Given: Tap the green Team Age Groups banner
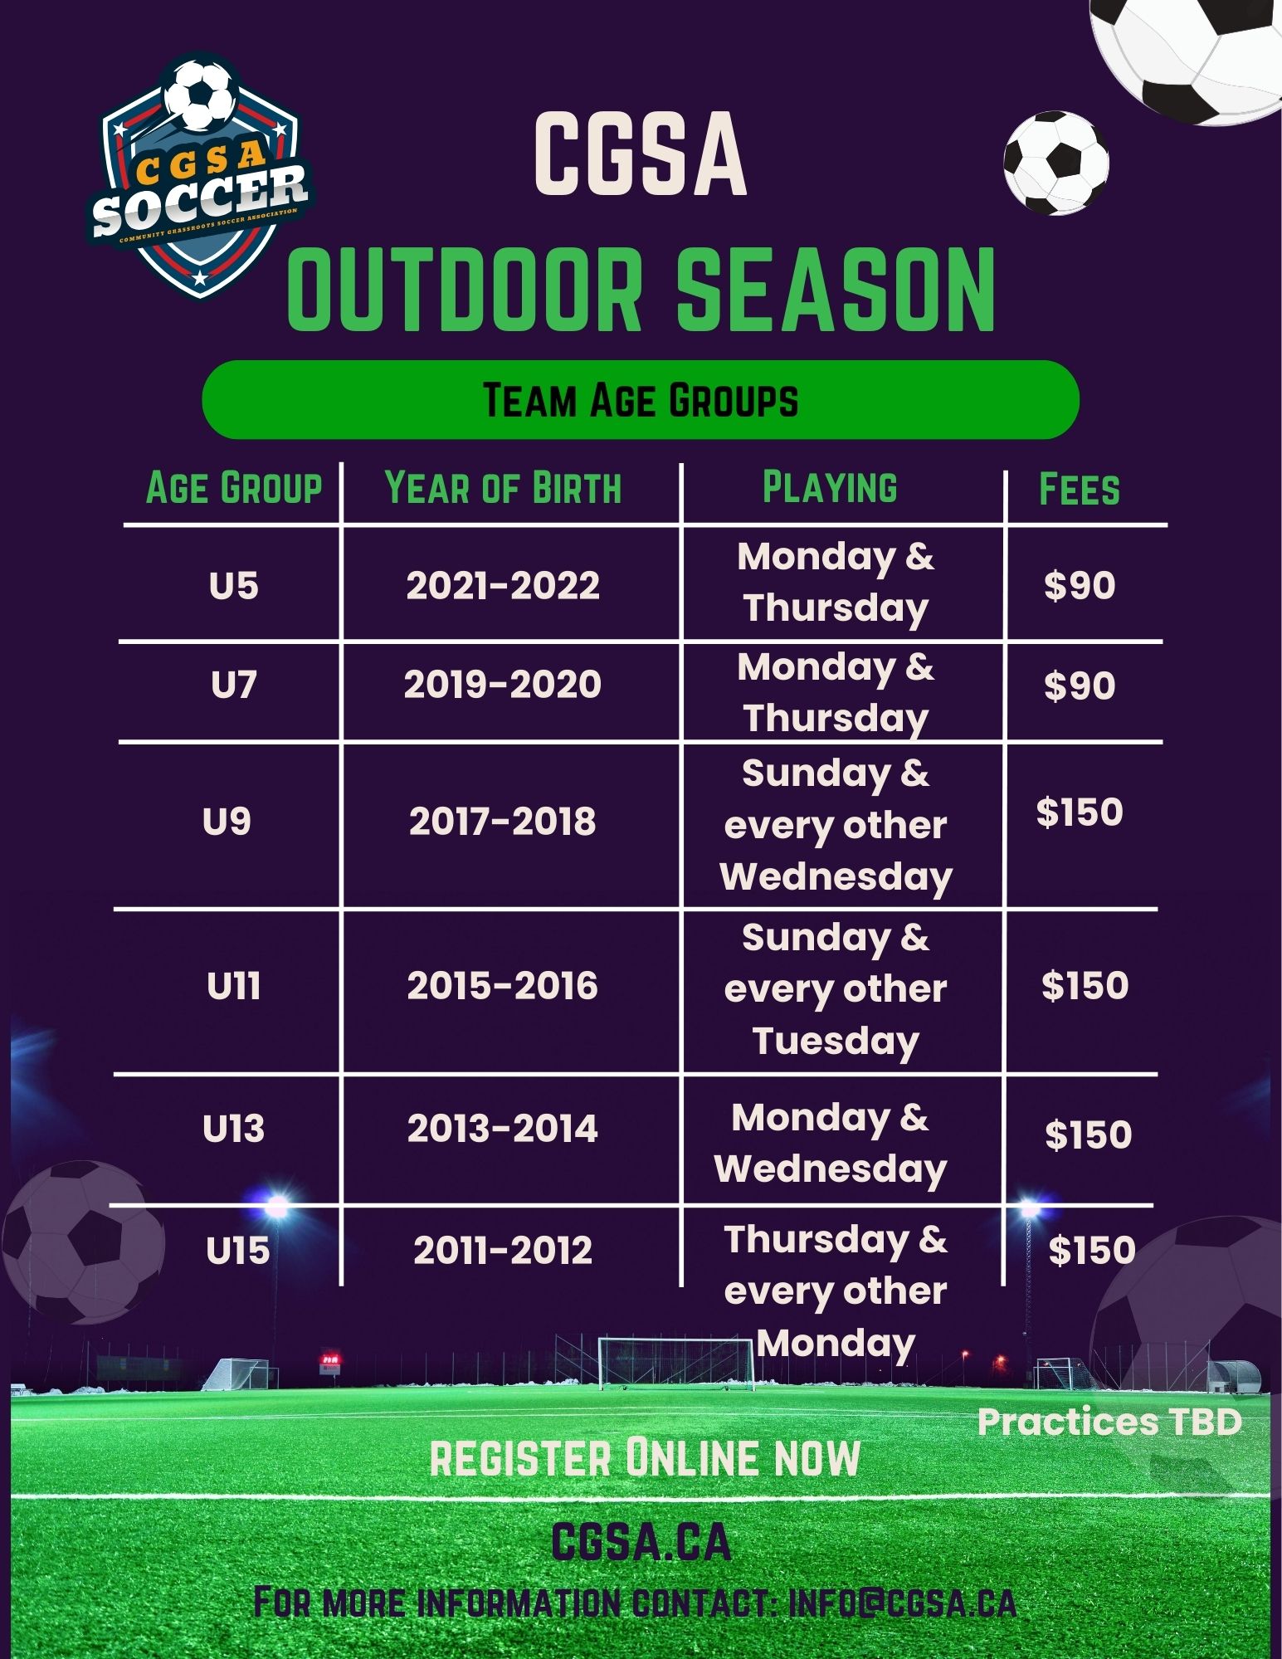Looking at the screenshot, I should pos(640,400).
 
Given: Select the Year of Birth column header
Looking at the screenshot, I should pos(503,488).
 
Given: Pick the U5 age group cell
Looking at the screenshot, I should pos(233,586).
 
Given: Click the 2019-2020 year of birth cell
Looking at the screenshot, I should pos(503,685).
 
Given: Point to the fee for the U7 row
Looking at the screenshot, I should pos(1079,686).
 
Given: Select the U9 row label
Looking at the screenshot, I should pos(227,822).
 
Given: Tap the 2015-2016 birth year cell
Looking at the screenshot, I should pos(503,986).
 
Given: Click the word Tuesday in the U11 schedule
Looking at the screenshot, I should pos(836,1041).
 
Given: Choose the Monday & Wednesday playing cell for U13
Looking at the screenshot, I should pos(830,1143).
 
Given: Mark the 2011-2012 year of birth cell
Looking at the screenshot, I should pos(503,1250).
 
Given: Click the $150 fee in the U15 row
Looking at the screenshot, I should pos(1091,1250).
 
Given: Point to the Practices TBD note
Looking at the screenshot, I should pos(1109,1422).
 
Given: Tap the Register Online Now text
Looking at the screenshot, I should pos(645,1458).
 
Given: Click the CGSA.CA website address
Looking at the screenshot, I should pos(641,1542).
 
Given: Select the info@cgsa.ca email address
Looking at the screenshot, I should pos(902,1602).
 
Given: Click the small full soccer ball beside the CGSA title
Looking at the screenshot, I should pos(1055,163).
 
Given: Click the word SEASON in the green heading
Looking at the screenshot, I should pos(836,290).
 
